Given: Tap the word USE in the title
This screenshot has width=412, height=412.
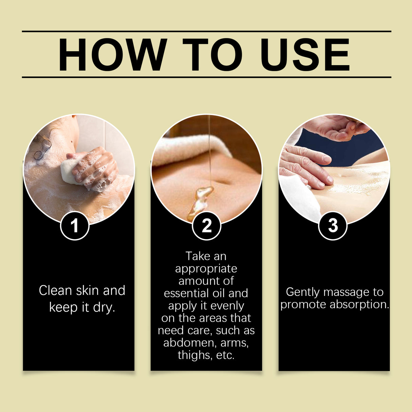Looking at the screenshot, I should click(x=304, y=55).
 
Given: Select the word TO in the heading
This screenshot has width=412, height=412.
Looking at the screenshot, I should click(x=212, y=55).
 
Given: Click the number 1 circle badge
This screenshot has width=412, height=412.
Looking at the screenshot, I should click(x=75, y=226).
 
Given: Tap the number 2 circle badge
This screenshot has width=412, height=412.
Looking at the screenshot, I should click(x=206, y=226).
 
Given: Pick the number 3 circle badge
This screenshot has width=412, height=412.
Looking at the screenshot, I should click(x=333, y=226).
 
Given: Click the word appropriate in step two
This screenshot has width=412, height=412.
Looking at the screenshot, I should click(x=206, y=268).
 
